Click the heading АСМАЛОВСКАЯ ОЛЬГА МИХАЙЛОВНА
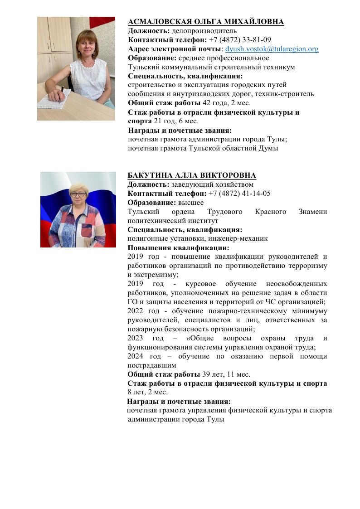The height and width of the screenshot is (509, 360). [x=206, y=22]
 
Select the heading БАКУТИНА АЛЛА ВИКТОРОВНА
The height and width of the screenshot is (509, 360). [x=192, y=176]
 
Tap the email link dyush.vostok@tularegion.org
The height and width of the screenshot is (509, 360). [x=272, y=49]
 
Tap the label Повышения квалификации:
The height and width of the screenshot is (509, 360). [x=178, y=248]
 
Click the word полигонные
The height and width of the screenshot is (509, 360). [x=145, y=238]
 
